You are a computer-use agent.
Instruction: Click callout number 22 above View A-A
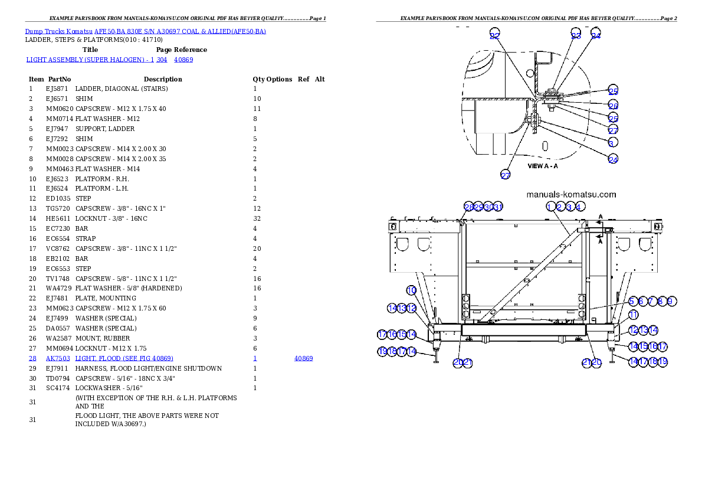pos(494,34)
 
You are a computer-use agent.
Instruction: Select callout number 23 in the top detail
pos(576,34)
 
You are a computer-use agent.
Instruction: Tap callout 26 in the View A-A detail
pos(614,105)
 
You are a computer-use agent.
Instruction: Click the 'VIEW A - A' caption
pos(543,166)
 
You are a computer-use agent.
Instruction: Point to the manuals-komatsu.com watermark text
pos(570,194)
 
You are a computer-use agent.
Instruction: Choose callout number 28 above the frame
pos(468,207)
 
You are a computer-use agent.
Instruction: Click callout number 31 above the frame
pos(498,207)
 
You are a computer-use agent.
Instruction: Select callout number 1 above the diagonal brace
pos(550,207)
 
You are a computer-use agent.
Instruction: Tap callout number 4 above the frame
pos(580,207)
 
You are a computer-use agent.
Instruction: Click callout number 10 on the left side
pos(412,290)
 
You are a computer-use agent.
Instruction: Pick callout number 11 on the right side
pos(632,315)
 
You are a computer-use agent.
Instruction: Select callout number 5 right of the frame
pos(632,301)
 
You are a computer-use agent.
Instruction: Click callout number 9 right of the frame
pos(671,301)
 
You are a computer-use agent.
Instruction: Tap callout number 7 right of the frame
pos(651,301)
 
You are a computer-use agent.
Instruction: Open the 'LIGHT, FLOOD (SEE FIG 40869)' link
pos(124,358)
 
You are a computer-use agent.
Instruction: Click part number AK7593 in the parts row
pos(58,358)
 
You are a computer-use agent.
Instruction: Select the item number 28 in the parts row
pos(32,358)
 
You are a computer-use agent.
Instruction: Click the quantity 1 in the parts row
pos(255,358)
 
